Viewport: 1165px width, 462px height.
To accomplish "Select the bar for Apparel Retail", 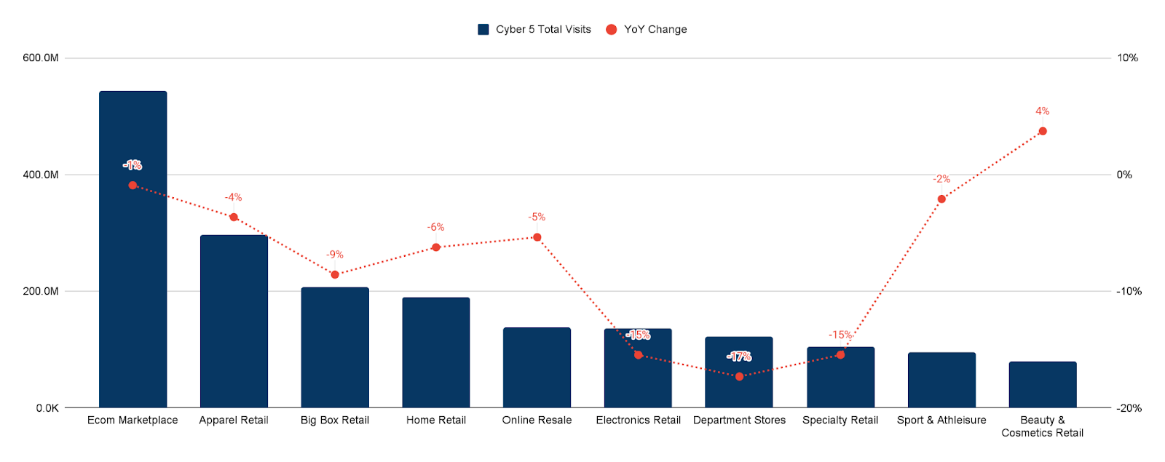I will pos(234,327).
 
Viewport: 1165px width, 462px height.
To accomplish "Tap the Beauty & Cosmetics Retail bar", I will pos(1042,385).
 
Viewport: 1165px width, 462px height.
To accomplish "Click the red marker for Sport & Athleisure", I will pos(941,199).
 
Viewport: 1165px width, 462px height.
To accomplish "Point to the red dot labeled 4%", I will pos(1042,131).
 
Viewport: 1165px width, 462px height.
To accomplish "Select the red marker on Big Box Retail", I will pos(335,274).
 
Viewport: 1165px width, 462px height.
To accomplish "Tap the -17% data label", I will pos(739,357).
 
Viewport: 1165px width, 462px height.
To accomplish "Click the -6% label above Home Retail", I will pos(435,227).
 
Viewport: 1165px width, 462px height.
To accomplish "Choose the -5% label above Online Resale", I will pos(537,217).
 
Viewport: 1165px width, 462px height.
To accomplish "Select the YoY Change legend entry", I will pos(655,29).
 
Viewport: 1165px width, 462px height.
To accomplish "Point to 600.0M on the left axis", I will pos(41,58).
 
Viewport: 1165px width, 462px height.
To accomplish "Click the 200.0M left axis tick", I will pos(41,291).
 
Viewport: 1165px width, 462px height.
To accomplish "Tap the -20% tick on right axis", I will pos(1129,408).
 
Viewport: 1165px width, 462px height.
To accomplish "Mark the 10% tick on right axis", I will pos(1127,58).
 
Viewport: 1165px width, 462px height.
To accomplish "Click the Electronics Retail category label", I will pos(638,420).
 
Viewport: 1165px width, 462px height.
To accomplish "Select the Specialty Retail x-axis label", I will pos(840,420).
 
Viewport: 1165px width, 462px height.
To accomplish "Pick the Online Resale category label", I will pos(537,420).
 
